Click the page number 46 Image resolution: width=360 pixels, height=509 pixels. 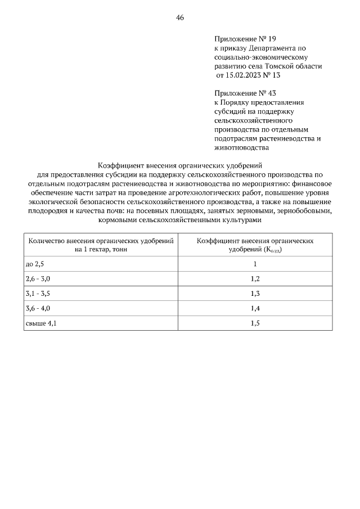tap(180, 17)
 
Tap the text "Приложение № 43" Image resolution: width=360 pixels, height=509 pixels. tap(245, 93)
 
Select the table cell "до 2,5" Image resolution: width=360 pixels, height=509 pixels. tap(35, 264)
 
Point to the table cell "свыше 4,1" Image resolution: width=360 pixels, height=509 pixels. tap(41, 323)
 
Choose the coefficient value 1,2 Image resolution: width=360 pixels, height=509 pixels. tap(255, 278)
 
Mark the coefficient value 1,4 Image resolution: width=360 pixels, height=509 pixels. tap(255, 308)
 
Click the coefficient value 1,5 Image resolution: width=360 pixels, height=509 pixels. tap(255, 323)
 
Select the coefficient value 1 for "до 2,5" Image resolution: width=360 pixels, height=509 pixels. tap(255, 264)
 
